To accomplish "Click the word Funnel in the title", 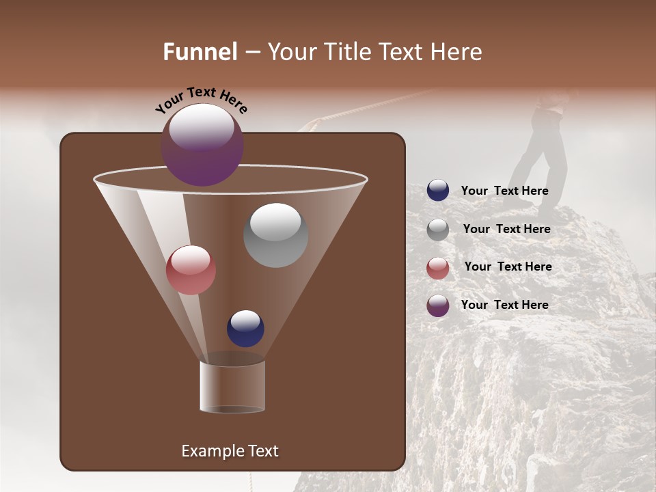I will point(200,52).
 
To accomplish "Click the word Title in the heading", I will point(344,52).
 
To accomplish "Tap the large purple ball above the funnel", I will point(202,145).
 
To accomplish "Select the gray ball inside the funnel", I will point(275,235).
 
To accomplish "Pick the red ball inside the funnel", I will point(191,270).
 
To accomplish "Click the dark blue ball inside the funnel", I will point(245,328).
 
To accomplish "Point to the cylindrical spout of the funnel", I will point(232,387).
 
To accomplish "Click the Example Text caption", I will point(230,451).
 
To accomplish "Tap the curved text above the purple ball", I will point(201,100).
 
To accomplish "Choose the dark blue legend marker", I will point(438,191).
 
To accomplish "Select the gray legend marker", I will point(438,230).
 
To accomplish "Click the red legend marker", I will point(438,268).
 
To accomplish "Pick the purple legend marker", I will point(438,305).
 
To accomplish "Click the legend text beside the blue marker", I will point(504,191).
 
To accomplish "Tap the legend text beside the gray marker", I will point(506,229).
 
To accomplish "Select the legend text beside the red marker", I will point(508,266).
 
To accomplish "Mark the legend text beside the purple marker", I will point(504,305).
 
